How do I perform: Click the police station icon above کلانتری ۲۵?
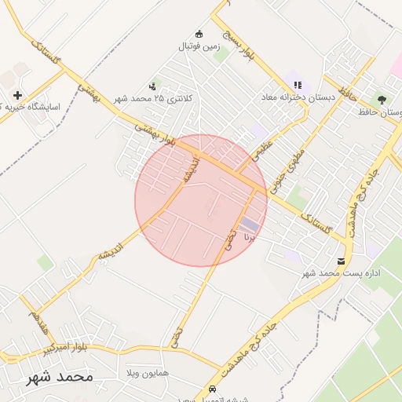coord(152,86)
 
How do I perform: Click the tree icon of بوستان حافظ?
coord(382,100)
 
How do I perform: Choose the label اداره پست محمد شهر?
coord(342,273)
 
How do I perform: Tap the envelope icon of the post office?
coord(341,261)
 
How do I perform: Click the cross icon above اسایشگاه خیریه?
coord(17,95)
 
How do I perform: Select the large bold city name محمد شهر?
coord(59,378)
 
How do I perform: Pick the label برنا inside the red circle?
coord(250,235)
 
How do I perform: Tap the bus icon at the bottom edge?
coord(212,390)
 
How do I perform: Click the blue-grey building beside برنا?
coord(249,225)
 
